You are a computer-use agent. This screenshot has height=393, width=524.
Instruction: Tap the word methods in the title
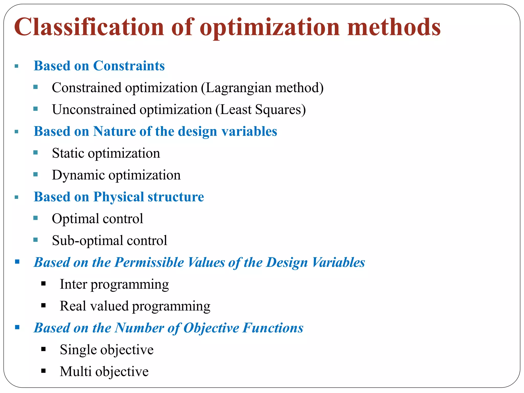tap(394, 27)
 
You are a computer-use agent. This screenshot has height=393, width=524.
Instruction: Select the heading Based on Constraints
tap(99, 66)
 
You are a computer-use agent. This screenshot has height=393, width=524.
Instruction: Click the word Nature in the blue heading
tap(114, 132)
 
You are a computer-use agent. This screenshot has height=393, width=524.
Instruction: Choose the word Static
tap(68, 153)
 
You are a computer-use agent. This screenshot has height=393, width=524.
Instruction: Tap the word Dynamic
tap(78, 175)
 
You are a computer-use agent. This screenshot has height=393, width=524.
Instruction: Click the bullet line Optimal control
tap(97, 219)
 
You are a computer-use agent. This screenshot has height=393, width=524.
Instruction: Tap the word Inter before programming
tap(73, 284)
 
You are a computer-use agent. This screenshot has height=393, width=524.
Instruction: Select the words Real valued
tap(94, 306)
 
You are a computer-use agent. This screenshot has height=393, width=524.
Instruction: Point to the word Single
tap(78, 350)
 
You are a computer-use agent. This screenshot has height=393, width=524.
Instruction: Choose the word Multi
tap(75, 372)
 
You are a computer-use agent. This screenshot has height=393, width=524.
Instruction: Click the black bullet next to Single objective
tap(43, 349)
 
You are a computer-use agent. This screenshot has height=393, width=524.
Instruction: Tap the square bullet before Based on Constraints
tap(17, 66)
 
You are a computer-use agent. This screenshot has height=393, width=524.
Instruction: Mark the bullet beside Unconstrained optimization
tap(36, 109)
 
